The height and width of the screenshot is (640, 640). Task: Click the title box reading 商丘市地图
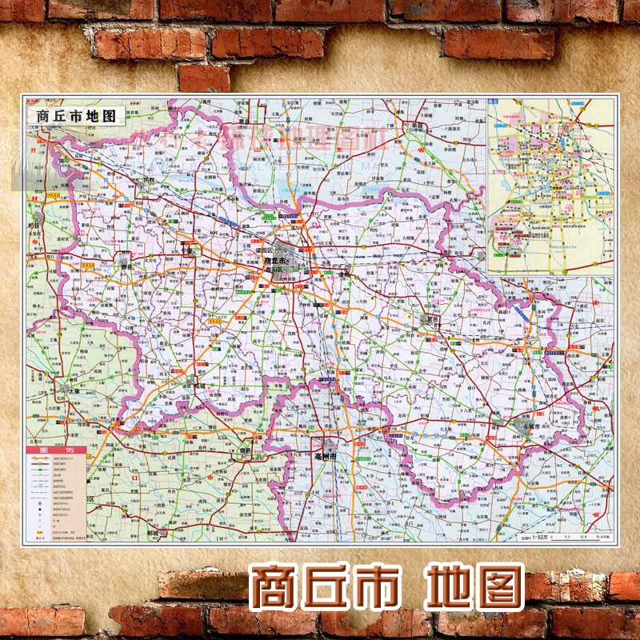tap(76, 114)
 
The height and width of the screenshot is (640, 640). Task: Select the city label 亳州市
tap(329, 454)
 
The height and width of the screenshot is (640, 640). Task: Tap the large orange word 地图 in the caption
tap(476, 588)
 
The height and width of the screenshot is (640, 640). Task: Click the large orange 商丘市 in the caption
tap(327, 588)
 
